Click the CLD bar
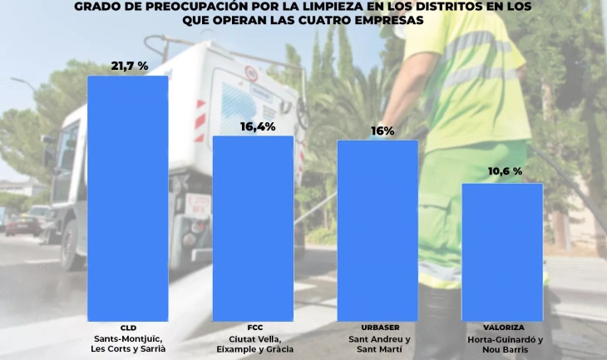[127, 198]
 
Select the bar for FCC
[253, 228]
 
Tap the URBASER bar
[377, 229]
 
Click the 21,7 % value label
[129, 65]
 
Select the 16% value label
[378, 131]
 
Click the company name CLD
[128, 328]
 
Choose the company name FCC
[255, 328]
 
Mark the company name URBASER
[378, 328]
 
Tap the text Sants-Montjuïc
[128, 339]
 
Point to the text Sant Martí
[378, 350]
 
